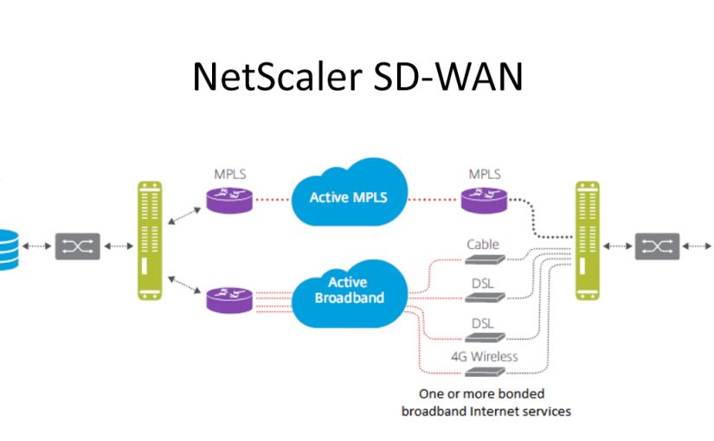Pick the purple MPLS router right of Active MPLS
[483, 201]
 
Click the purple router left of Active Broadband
[229, 299]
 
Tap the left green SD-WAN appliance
[150, 240]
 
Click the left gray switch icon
[77, 246]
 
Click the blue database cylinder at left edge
[8, 249]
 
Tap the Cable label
[483, 245]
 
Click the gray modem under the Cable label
[484, 260]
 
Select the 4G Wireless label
[483, 356]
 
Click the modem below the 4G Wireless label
[484, 372]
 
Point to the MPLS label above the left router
[229, 174]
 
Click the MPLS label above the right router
[483, 174]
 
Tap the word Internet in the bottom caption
[511, 412]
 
